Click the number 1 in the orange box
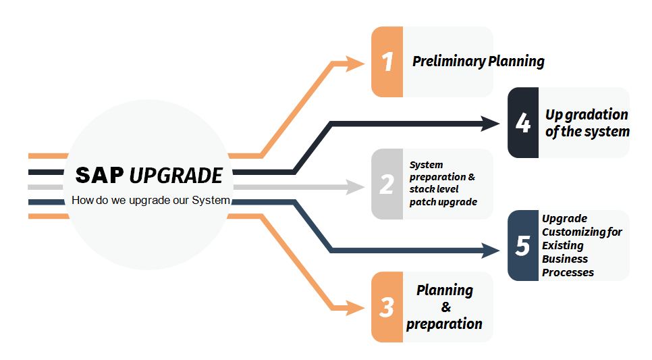click(387, 61)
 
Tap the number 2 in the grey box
click(387, 184)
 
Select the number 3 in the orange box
click(387, 307)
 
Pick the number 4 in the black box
click(523, 123)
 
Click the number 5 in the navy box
click(523, 246)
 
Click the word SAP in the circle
click(100, 176)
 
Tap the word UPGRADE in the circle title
click(175, 176)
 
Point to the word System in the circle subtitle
click(211, 200)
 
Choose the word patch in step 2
click(423, 202)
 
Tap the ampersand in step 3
click(445, 307)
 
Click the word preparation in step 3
click(445, 324)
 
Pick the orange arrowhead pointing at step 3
click(356, 309)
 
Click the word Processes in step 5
click(568, 272)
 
